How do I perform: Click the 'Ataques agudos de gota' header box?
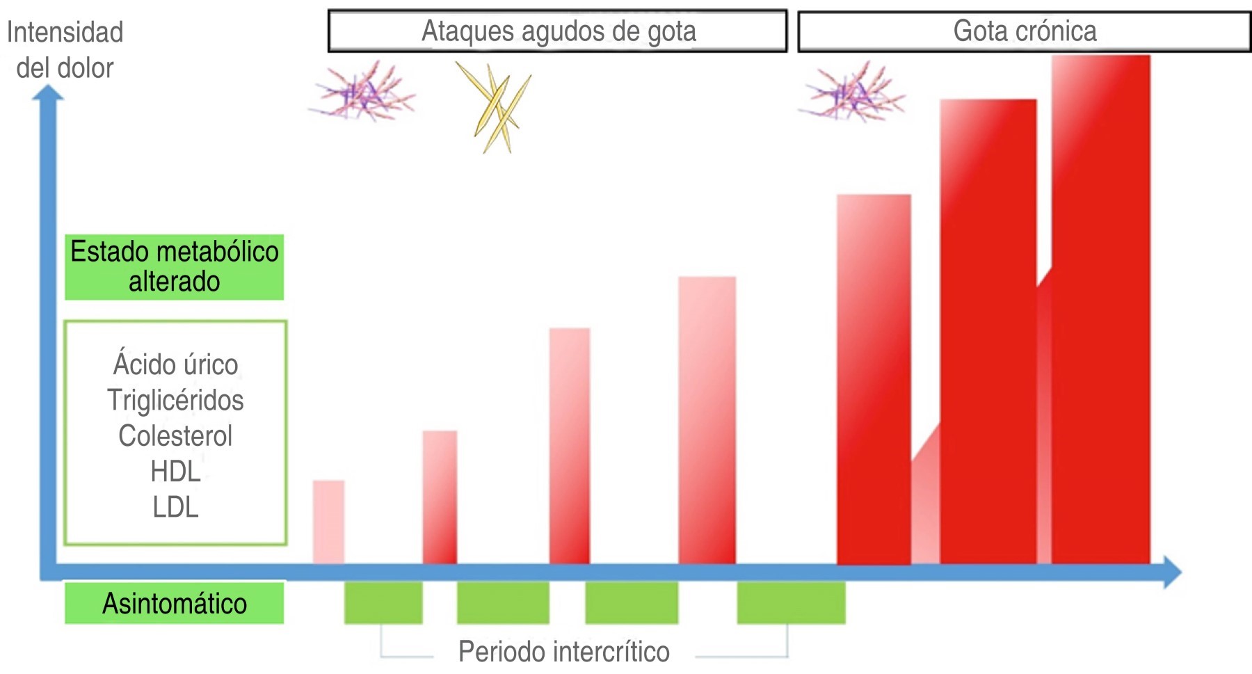pyautogui.click(x=558, y=31)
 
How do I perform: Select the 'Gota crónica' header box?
pyautogui.click(x=1024, y=31)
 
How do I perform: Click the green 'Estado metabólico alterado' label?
pyautogui.click(x=174, y=267)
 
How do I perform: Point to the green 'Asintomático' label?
pyautogui.click(x=174, y=603)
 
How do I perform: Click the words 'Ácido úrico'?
pyautogui.click(x=175, y=364)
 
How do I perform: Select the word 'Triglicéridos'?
pyautogui.click(x=175, y=401)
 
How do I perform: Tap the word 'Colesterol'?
pyautogui.click(x=175, y=436)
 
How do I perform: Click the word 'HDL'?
pyautogui.click(x=175, y=472)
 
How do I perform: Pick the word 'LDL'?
pyautogui.click(x=175, y=507)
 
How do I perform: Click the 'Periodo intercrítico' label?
pyautogui.click(x=563, y=652)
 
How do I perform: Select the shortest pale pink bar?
pyautogui.click(x=328, y=522)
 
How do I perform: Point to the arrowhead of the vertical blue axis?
pyautogui.click(x=48, y=93)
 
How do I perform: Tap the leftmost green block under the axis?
pyautogui.click(x=383, y=602)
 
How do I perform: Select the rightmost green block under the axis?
pyautogui.click(x=791, y=602)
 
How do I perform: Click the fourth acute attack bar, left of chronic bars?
pyautogui.click(x=707, y=420)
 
